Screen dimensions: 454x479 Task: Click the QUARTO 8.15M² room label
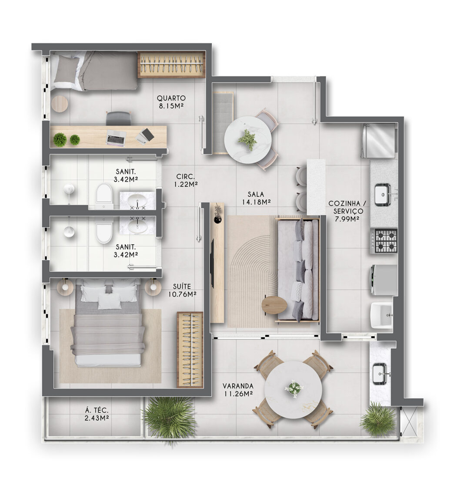[171, 102]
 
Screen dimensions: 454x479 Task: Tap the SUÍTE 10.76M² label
[182, 290]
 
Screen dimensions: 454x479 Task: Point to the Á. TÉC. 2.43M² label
[97, 414]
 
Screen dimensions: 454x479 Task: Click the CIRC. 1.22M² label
[186, 180]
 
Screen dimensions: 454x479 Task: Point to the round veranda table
[293, 390]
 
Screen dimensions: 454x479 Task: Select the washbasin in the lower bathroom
[137, 226]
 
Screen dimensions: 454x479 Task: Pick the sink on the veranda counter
[380, 373]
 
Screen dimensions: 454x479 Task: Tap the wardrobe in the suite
[190, 350]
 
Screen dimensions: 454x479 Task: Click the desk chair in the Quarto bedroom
[119, 118]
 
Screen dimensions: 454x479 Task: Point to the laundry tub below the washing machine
[381, 315]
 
